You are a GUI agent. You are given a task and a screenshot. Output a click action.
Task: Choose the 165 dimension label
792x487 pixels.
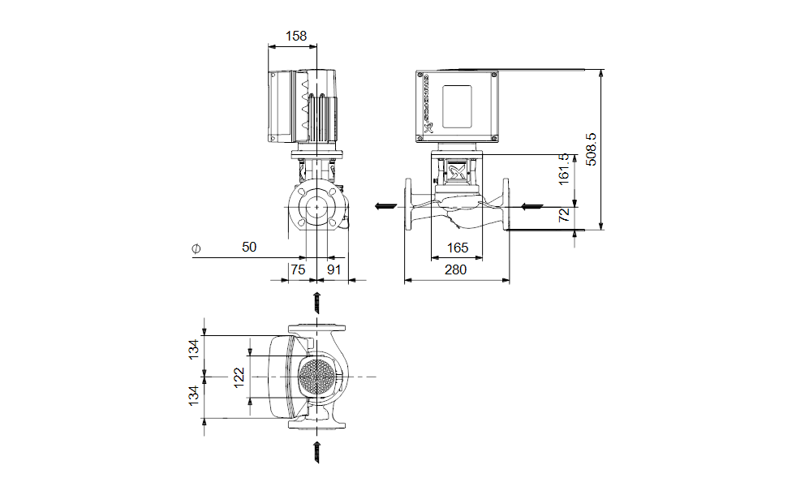coord(458,247)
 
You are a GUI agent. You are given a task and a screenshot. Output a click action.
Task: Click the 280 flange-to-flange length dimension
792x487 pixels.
coord(456,269)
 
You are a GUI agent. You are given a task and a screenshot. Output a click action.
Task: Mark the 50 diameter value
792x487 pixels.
coord(248,247)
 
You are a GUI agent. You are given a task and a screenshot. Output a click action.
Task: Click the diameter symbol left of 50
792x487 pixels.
coord(196,248)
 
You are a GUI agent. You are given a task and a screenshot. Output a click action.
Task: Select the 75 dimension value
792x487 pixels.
coord(298,269)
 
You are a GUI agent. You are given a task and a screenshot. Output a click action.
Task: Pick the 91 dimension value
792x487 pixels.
coord(334,269)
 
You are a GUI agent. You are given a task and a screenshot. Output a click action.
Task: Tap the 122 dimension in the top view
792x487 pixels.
coord(239,377)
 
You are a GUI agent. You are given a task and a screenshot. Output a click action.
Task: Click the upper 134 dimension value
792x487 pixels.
coord(194,349)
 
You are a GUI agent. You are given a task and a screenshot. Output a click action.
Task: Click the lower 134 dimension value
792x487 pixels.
coord(194,396)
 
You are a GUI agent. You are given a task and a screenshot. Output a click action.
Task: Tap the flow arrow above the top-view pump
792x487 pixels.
coord(317,303)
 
